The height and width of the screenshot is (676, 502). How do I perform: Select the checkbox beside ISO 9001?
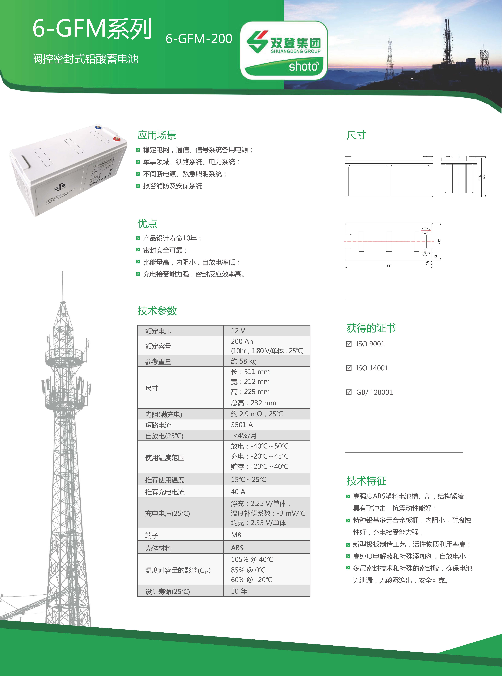(349, 344)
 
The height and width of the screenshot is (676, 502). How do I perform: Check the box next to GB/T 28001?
(349, 392)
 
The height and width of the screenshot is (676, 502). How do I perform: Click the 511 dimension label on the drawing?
(389, 266)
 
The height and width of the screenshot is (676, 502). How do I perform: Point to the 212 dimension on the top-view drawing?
(439, 242)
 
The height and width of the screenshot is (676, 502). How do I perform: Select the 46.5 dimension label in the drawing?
(429, 262)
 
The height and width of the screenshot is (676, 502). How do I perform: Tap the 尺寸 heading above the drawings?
(356, 135)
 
